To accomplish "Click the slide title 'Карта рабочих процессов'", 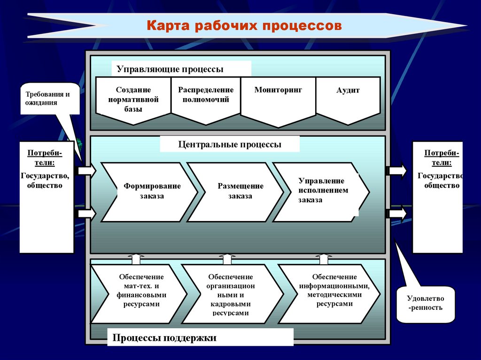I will pyautogui.click(x=244, y=25).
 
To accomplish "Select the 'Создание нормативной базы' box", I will pyautogui.click(x=133, y=100).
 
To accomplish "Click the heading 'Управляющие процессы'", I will pyautogui.click(x=170, y=69).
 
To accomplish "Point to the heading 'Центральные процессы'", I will pyautogui.click(x=230, y=145).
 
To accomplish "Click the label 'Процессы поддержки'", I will pyautogui.click(x=164, y=337).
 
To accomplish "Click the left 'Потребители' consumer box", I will pyautogui.click(x=47, y=197).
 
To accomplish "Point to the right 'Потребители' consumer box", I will pyautogui.click(x=438, y=197).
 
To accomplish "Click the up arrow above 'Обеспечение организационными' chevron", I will pyautogui.click(x=227, y=259).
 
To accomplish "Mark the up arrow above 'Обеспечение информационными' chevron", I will pyautogui.click(x=324, y=259).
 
